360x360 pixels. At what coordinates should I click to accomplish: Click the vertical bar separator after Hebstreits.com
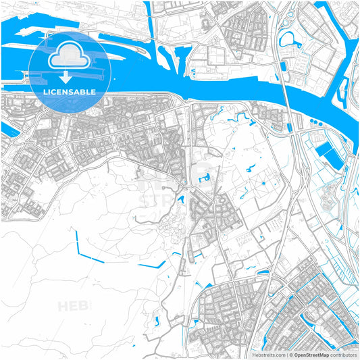[x=286, y=354]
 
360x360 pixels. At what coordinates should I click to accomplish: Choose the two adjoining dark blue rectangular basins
[x=330, y=155]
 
